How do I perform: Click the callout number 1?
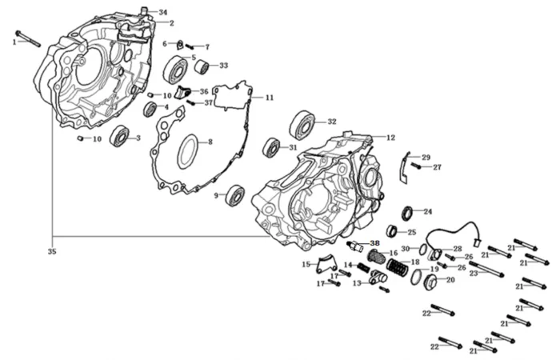[14, 42]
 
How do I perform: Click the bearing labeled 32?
[302, 125]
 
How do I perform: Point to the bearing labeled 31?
[272, 148]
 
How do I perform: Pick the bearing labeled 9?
[235, 194]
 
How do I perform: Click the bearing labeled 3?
[120, 135]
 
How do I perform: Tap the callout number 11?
[270, 98]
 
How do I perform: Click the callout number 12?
[391, 138]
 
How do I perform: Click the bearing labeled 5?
[174, 69]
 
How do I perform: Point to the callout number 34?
[163, 13]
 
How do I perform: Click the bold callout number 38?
[374, 242]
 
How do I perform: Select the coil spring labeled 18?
[397, 266]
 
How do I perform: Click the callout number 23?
[474, 273]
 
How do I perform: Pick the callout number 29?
[426, 158]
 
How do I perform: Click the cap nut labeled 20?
[430, 282]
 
